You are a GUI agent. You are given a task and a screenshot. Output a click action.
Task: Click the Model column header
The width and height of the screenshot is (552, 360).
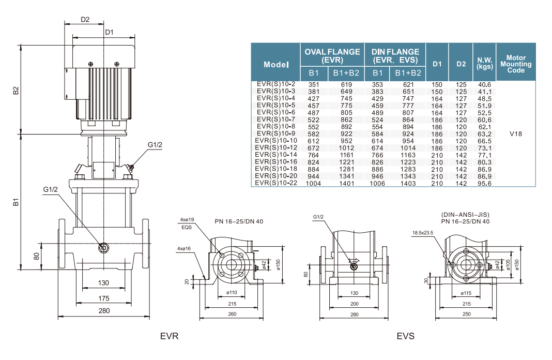(x=276, y=64)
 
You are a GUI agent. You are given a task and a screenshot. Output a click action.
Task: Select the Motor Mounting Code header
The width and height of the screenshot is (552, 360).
(x=515, y=64)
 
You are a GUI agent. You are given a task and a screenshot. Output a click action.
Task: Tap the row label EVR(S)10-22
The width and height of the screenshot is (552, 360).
(x=276, y=183)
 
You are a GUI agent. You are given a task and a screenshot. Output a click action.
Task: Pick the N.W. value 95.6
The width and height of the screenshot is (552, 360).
(x=484, y=183)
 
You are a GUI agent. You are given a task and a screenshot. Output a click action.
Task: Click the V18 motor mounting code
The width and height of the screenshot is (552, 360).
(x=515, y=133)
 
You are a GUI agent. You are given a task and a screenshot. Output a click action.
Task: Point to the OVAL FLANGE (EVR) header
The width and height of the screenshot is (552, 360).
(x=332, y=55)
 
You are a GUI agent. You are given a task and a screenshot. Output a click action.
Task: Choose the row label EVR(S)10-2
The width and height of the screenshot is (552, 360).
(x=276, y=84)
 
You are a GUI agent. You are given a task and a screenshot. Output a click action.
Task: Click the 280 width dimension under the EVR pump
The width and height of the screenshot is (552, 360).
(x=104, y=310)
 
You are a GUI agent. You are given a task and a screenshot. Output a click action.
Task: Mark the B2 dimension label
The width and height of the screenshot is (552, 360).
(x=16, y=90)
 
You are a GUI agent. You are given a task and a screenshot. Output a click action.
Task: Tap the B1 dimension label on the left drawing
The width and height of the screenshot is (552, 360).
(x=16, y=202)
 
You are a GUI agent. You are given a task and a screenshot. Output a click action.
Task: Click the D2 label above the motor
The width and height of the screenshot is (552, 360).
(x=85, y=20)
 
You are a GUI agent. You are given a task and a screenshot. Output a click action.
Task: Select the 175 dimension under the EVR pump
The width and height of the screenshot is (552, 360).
(x=104, y=298)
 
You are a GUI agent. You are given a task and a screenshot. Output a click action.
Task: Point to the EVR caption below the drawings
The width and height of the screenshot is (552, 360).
(x=169, y=336)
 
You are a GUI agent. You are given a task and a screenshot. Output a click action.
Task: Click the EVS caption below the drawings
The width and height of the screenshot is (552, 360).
(x=406, y=336)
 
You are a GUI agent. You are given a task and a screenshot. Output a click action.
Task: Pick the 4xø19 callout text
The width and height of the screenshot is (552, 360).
(x=186, y=220)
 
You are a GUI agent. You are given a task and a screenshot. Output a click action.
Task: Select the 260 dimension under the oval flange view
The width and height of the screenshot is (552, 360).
(x=232, y=314)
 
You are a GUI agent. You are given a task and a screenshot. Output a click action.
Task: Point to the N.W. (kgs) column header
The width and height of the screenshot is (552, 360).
(x=484, y=64)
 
